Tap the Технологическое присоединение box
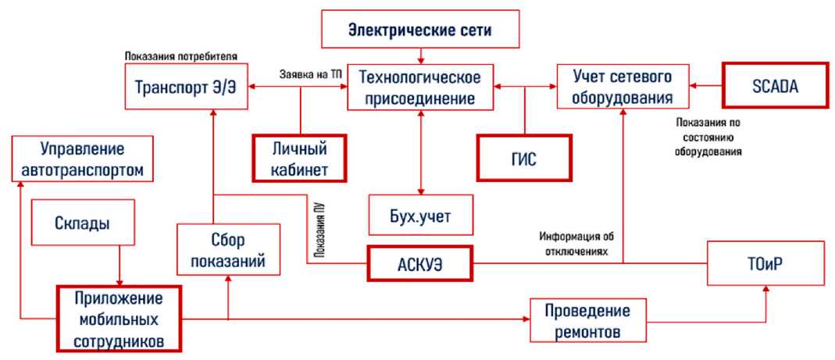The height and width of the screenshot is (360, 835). click(x=420, y=87)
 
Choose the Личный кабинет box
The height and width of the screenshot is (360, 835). click(x=299, y=159)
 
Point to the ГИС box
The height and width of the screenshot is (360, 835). click(x=524, y=159)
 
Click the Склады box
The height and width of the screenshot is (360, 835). click(x=81, y=223)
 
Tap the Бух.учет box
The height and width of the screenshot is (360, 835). click(x=421, y=216)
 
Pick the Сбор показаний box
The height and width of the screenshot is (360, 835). click(x=228, y=249)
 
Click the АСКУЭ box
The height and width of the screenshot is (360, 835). click(x=421, y=264)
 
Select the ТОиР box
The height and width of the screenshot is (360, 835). click(x=764, y=263)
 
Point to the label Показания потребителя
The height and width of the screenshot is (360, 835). click(x=180, y=56)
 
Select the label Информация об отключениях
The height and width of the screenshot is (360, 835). click(x=579, y=243)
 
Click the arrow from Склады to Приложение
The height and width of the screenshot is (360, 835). click(x=119, y=266)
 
